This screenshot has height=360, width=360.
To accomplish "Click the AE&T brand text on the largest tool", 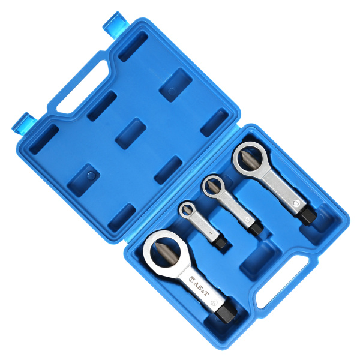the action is tap(201, 288).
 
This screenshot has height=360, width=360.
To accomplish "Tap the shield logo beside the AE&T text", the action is tap(191, 280).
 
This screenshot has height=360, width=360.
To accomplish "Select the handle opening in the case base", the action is tap(283, 282).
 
